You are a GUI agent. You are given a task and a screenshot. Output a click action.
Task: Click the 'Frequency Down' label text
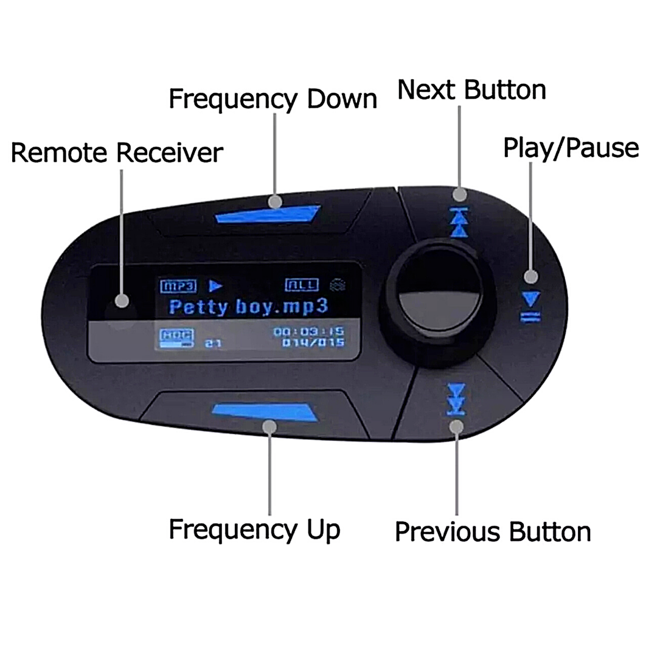[273, 99]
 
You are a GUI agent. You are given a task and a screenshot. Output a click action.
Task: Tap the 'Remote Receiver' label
[117, 153]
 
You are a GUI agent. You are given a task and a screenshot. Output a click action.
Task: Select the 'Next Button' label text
[471, 89]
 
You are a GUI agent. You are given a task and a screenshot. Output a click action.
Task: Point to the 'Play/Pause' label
[571, 148]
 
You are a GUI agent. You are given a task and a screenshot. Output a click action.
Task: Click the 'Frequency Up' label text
[254, 529]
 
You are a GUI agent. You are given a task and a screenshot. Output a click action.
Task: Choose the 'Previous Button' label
[493, 531]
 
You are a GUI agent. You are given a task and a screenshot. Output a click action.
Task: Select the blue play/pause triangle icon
[531, 299]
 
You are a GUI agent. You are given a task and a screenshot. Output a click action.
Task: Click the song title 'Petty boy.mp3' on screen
[248, 306]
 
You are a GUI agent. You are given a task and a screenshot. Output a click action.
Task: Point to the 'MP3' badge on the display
[178, 285]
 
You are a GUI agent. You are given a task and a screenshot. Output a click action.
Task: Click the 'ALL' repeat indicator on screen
[301, 285]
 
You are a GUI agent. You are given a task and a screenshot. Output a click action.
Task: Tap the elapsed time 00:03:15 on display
[308, 332]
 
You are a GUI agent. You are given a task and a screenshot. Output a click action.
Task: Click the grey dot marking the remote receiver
[122, 301]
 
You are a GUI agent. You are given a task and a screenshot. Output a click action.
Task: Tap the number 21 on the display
[213, 343]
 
